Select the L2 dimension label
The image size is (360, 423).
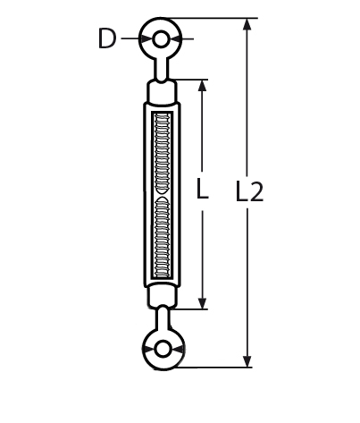[249, 191]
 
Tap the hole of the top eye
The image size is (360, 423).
[162, 39]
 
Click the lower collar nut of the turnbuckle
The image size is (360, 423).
[162, 297]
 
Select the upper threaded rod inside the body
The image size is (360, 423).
[162, 143]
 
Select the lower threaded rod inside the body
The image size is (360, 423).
[162, 241]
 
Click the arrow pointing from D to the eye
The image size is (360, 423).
[134, 39]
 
